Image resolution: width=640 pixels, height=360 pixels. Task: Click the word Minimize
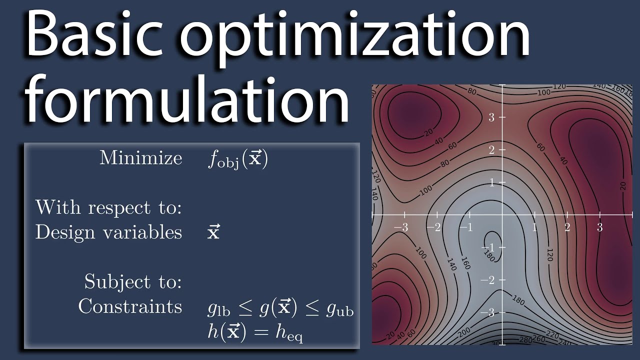tap(140, 158)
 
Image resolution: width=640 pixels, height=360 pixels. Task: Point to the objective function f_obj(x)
tap(237, 159)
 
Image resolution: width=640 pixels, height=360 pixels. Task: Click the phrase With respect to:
tap(108, 207)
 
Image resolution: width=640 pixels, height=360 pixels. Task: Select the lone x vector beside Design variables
tap(213, 232)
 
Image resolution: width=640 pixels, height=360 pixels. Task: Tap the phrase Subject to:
tap(132, 281)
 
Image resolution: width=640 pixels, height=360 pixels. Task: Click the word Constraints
tap(130, 306)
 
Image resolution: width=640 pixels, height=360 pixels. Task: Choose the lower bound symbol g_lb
tap(218, 310)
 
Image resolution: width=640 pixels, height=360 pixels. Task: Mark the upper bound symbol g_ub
tap(339, 310)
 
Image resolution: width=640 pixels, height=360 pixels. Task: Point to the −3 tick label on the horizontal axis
tap(401, 227)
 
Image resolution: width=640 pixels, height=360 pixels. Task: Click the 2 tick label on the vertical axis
tap(491, 150)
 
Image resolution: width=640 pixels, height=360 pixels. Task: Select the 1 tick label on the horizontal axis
tap(534, 227)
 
